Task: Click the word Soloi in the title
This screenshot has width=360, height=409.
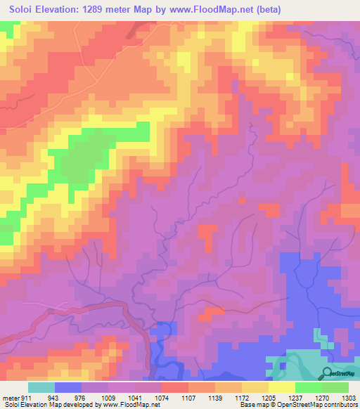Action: pos(21,10)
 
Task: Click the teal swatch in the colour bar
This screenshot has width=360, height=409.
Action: pos(41,387)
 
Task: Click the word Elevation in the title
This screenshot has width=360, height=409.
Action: pos(65,10)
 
